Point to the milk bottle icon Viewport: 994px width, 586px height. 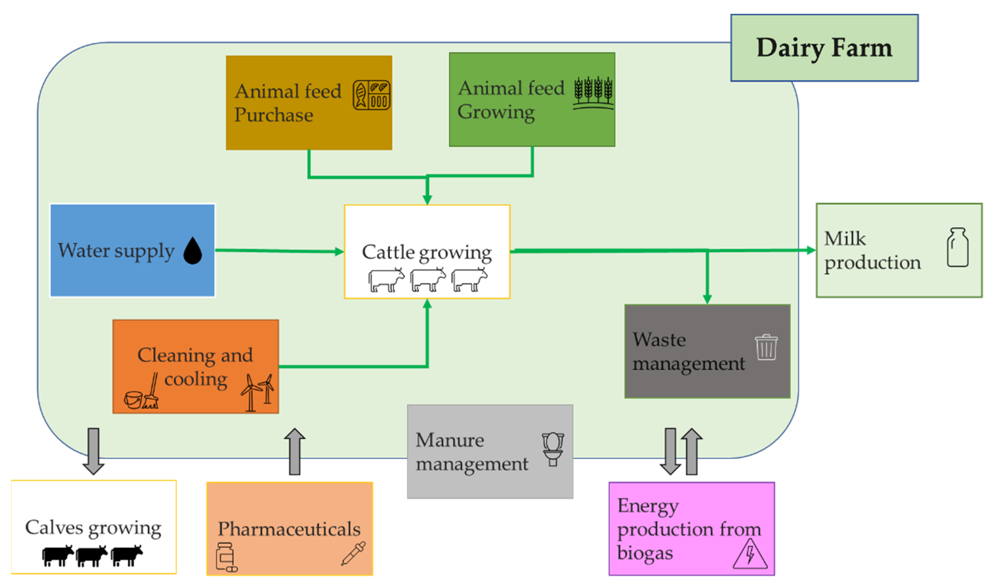point(957,248)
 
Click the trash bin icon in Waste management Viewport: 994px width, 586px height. point(766,347)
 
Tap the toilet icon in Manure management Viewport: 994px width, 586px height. point(553,449)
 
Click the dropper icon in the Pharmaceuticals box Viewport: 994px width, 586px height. point(353,553)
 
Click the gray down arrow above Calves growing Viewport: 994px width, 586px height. point(93,451)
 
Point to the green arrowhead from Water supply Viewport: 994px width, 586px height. point(339,252)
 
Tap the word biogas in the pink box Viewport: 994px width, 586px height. point(645,552)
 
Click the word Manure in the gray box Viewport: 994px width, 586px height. point(450,440)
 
